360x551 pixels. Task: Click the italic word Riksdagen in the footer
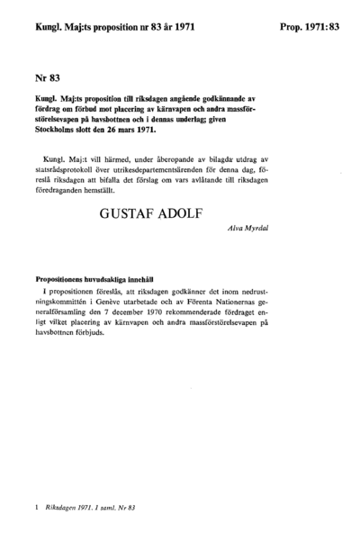tap(66, 510)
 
